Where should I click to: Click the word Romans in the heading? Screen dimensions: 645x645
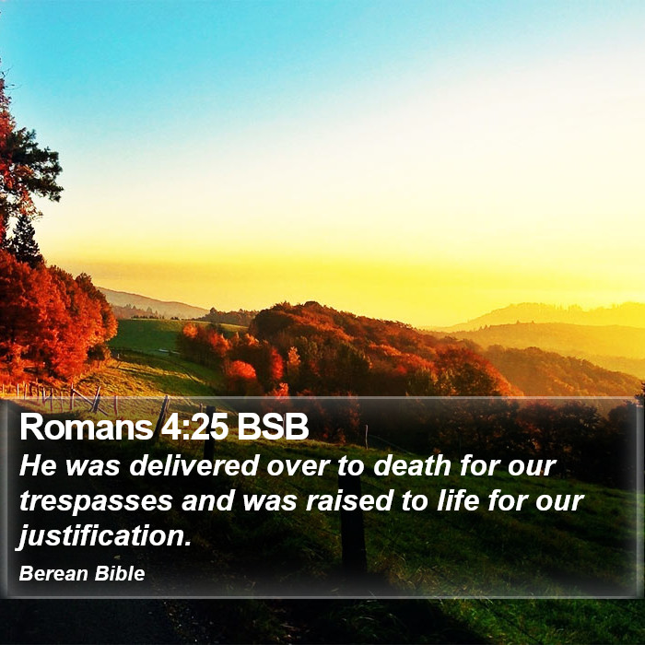(x=87, y=427)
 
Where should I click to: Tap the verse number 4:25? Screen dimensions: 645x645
(x=194, y=427)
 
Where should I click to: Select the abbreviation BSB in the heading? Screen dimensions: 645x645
(x=273, y=427)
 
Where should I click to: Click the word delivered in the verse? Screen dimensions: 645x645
(x=193, y=465)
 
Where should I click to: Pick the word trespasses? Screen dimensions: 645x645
(x=96, y=501)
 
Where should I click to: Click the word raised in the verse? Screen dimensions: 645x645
(x=349, y=500)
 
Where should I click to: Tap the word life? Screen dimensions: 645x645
(x=458, y=500)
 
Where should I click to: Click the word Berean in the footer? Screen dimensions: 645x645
(x=53, y=573)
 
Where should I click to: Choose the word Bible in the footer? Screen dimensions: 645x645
(x=120, y=573)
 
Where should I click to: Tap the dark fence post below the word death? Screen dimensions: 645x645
(x=352, y=522)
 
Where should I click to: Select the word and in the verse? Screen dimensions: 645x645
(x=207, y=500)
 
